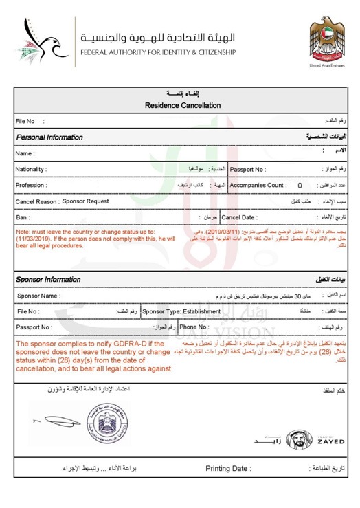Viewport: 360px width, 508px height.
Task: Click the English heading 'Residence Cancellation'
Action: point(183,105)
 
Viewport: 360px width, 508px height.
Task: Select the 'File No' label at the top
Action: point(26,121)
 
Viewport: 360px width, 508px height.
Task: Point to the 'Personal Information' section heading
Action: point(49,137)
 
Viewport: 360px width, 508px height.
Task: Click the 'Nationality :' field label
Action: point(32,169)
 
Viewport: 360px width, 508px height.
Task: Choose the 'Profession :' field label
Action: point(31,186)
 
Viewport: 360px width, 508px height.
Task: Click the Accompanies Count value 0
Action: point(300,186)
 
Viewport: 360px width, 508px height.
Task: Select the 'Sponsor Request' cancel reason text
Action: point(85,201)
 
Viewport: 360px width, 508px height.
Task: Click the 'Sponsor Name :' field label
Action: point(38,296)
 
